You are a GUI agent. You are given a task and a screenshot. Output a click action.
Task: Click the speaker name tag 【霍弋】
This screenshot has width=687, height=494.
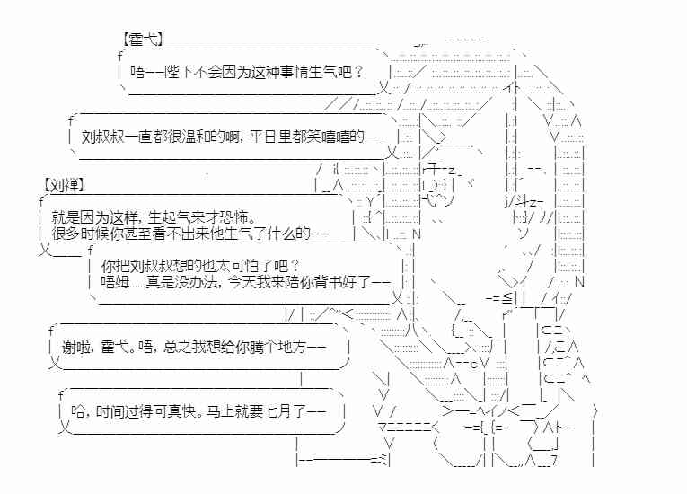140,40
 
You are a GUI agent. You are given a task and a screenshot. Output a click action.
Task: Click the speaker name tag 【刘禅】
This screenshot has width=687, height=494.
64,185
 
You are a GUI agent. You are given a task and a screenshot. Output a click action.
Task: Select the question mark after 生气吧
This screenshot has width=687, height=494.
359,73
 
